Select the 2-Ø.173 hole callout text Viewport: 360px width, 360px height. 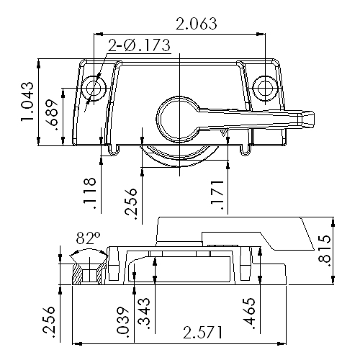click(x=139, y=45)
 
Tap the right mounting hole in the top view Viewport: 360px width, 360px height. click(x=265, y=87)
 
